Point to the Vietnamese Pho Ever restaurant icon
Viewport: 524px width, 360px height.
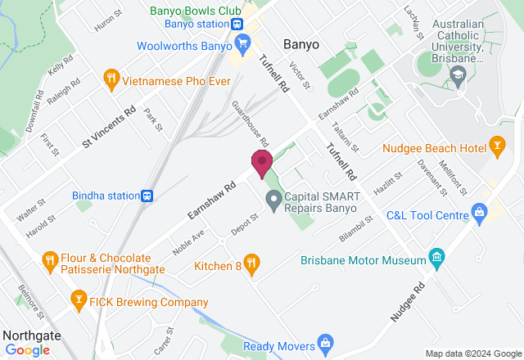[111, 79]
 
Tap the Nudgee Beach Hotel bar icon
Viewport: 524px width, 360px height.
[496, 147]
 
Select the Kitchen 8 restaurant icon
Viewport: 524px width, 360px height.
[251, 263]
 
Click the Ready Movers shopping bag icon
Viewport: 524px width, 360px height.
[326, 342]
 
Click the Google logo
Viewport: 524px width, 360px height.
[26, 350]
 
